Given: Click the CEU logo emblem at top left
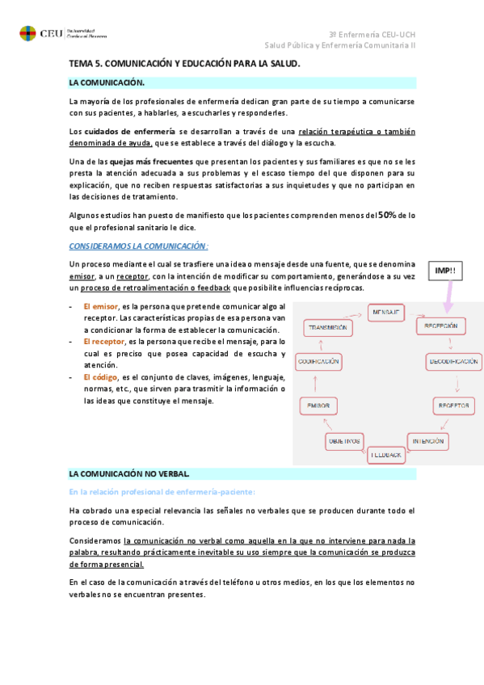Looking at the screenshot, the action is [27, 33].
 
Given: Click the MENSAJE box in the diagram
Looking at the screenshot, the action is [386, 312].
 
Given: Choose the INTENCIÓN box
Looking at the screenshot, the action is [427, 441].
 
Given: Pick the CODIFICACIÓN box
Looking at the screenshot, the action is [318, 362].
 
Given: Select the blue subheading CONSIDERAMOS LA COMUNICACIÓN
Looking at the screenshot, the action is [138, 246].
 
